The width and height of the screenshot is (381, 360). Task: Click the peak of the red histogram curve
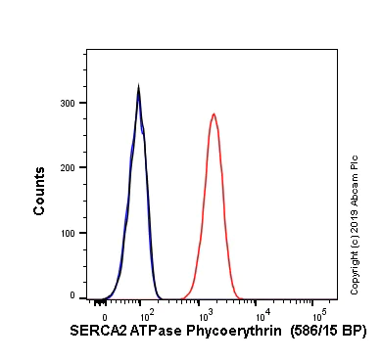(214, 113)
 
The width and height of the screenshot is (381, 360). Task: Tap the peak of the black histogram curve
(139, 87)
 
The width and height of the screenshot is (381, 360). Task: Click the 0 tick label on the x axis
(104, 317)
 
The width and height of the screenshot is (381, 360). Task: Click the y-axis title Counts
(40, 192)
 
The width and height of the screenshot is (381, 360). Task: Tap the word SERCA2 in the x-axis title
(96, 333)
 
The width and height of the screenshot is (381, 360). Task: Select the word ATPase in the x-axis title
(153, 333)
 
